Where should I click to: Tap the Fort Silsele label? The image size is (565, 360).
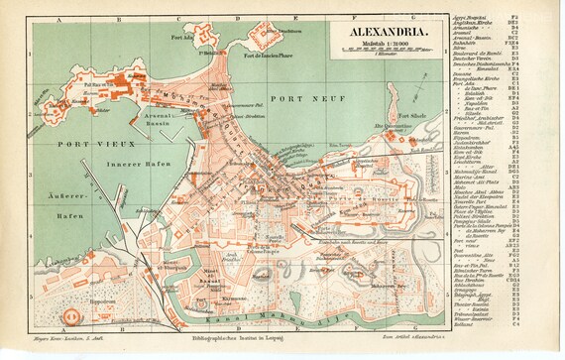395,116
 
